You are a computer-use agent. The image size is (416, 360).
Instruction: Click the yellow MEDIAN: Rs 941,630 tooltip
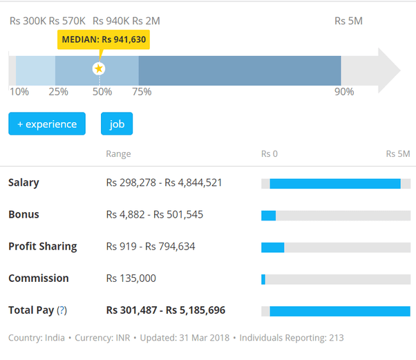[x=104, y=39]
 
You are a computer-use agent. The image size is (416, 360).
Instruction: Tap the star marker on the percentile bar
[x=99, y=68]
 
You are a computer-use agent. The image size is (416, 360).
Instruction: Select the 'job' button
[x=117, y=124]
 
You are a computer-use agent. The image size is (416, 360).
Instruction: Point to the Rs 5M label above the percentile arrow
[x=348, y=21]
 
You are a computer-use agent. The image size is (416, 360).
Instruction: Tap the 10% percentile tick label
[x=19, y=91]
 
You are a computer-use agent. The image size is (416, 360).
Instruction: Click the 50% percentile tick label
[x=102, y=91]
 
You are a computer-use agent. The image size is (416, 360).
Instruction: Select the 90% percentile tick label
[x=343, y=91]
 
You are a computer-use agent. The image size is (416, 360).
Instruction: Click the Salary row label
[x=23, y=183]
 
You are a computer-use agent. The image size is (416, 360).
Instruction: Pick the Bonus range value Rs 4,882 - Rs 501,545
[x=155, y=215]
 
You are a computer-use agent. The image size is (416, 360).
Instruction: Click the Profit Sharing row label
[x=42, y=247]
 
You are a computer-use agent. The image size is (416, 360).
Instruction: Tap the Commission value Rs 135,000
[x=131, y=278]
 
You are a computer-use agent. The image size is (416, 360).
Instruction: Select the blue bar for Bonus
[x=268, y=216]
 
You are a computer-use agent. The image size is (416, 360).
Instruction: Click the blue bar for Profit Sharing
[x=272, y=247]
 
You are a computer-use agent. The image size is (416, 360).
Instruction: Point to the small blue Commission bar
[x=263, y=279]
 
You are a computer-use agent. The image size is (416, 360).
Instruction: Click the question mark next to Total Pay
[x=62, y=310]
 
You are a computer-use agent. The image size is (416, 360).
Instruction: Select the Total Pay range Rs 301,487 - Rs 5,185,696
[x=165, y=310]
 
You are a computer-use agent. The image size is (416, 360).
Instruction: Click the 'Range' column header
[x=118, y=153]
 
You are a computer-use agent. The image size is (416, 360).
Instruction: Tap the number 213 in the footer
[x=336, y=338]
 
